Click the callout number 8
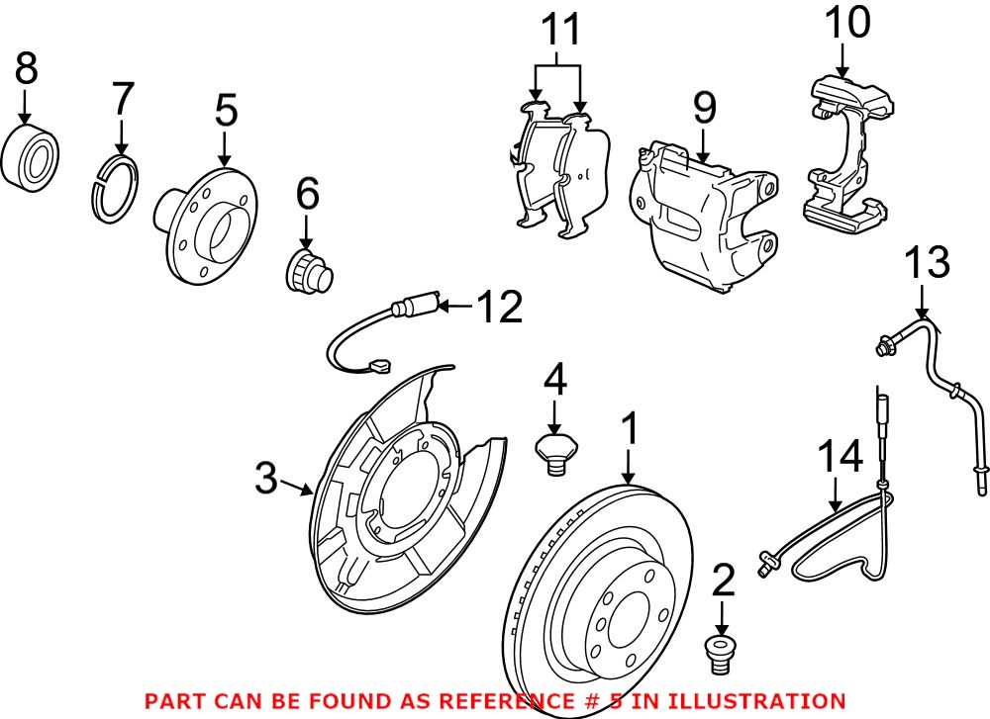[x=27, y=68]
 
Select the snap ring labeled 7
[x=115, y=188]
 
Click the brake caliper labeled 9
[x=701, y=212]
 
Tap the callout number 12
[x=499, y=308]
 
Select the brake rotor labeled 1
[x=594, y=603]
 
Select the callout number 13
[x=928, y=263]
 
